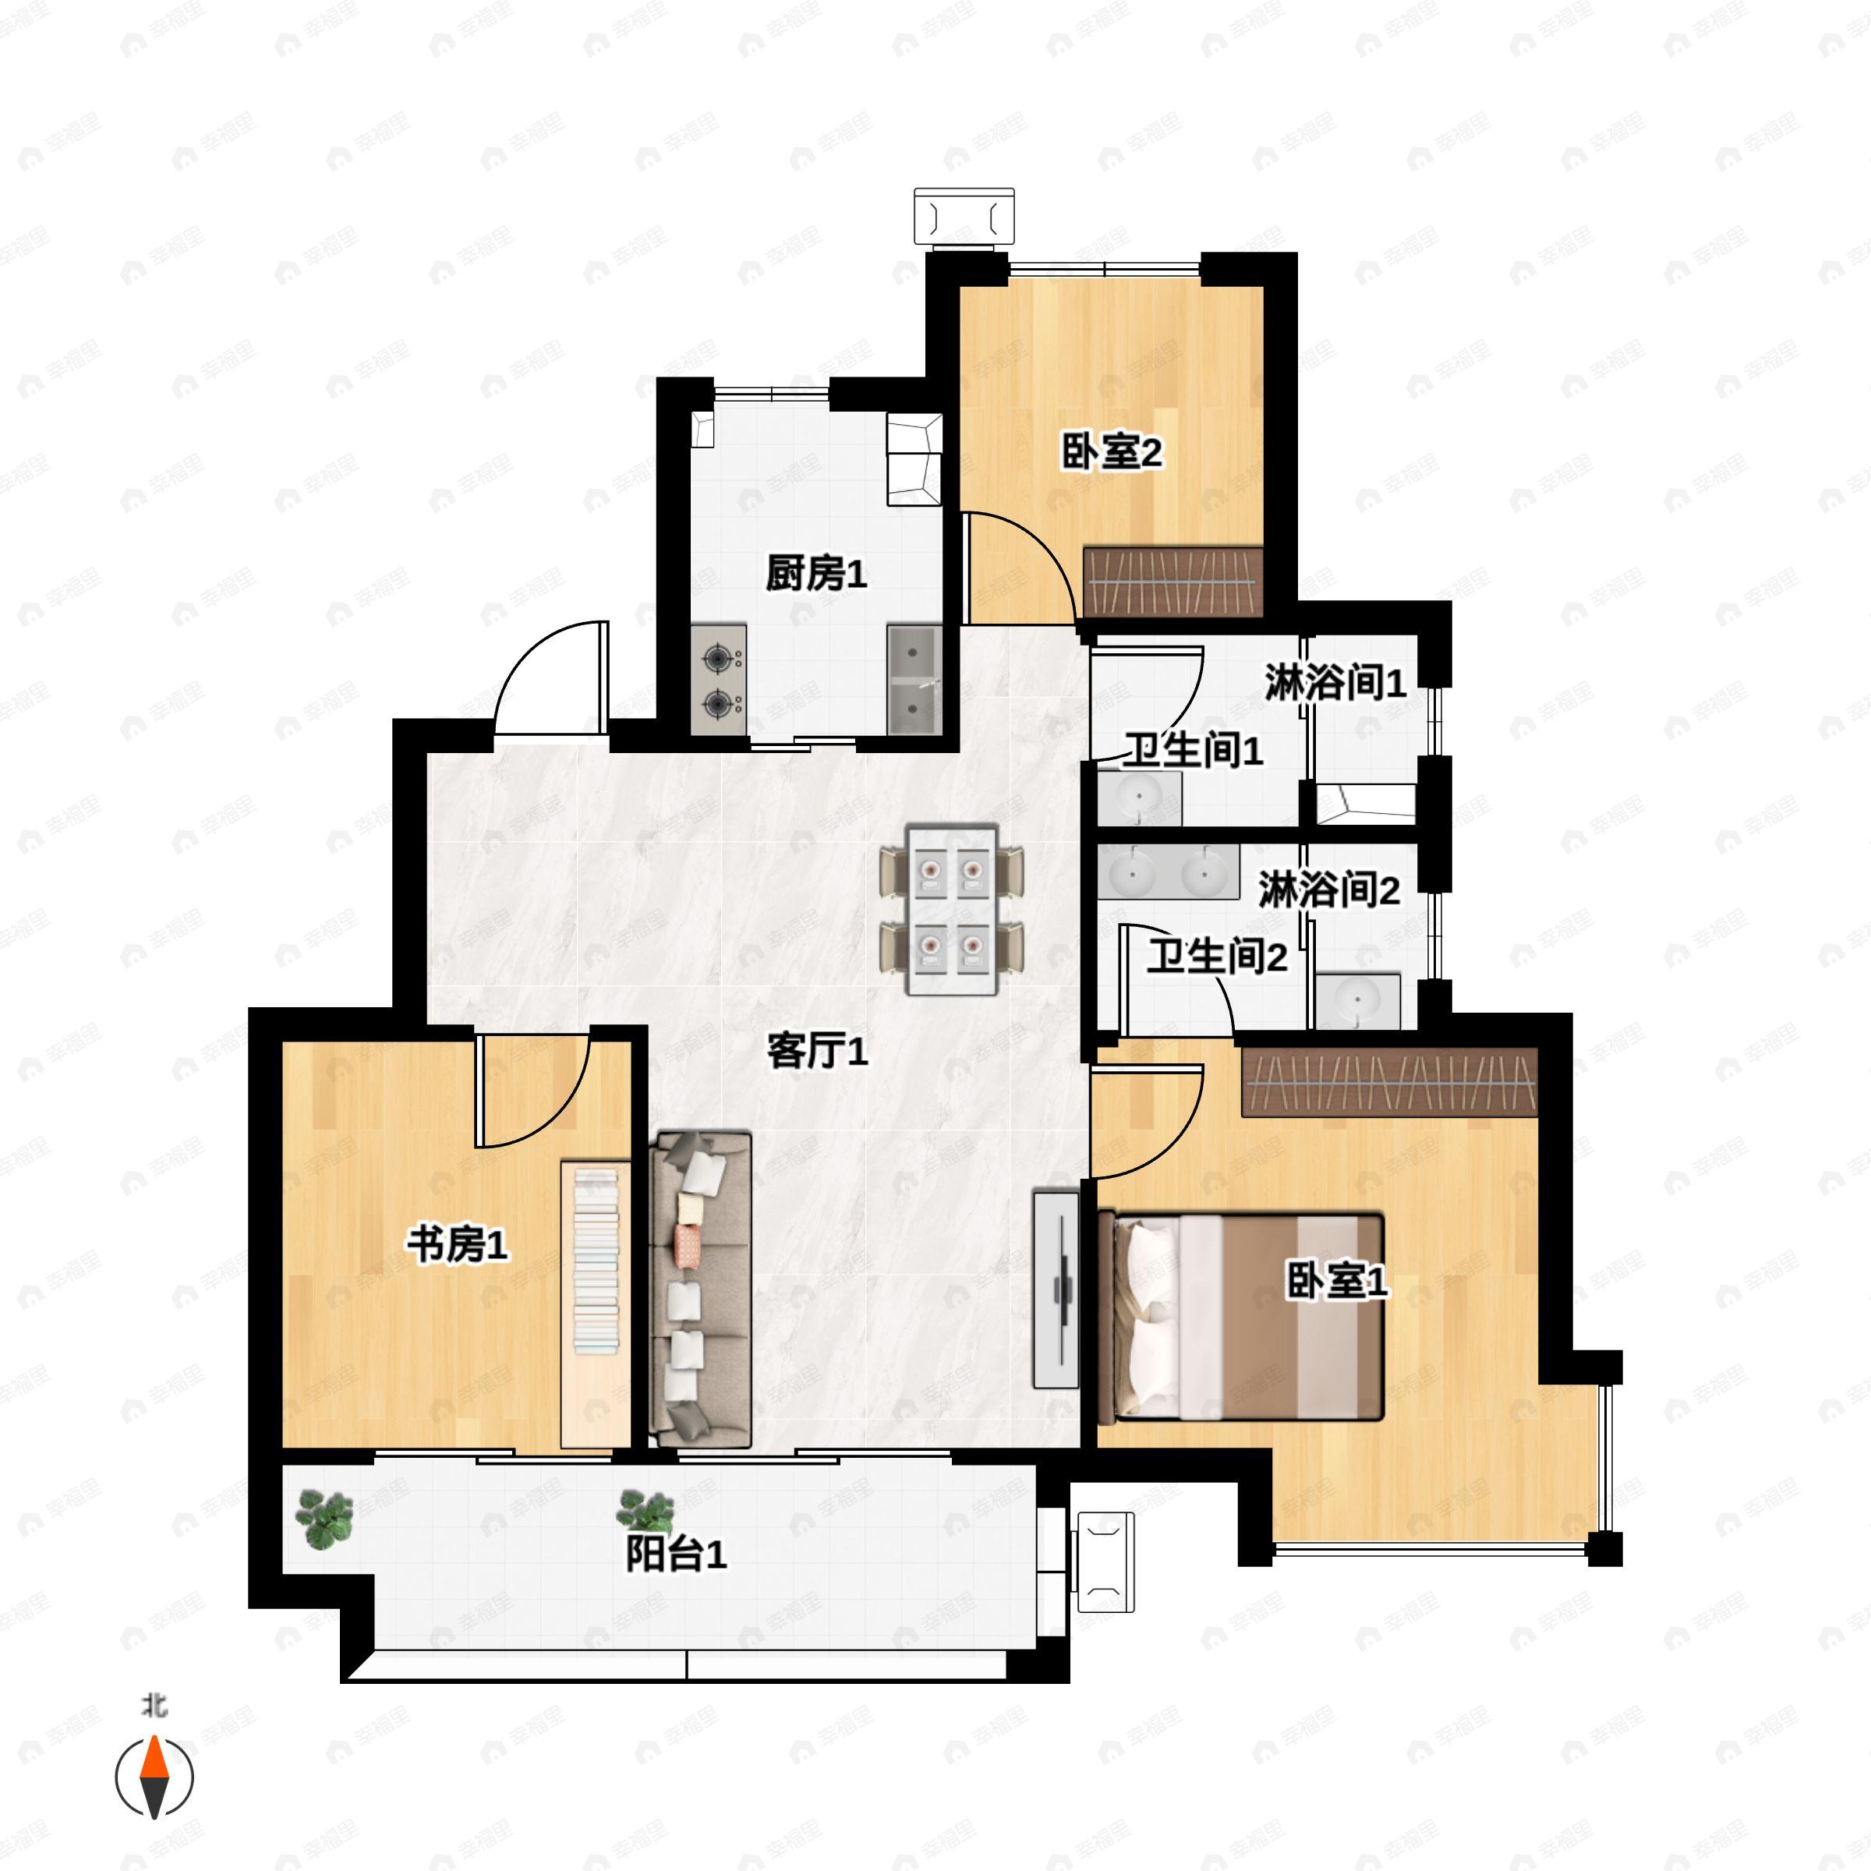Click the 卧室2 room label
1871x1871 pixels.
[x=1111, y=452]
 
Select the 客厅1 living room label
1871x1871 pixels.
[x=817, y=1051]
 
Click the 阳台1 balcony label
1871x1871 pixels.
[x=676, y=1554]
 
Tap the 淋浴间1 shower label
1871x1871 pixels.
[x=1335, y=683]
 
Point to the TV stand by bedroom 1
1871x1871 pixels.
[x=1056, y=1288]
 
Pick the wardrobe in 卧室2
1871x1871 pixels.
[x=1172, y=582]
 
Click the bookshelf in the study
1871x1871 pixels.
[x=596, y=1303]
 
